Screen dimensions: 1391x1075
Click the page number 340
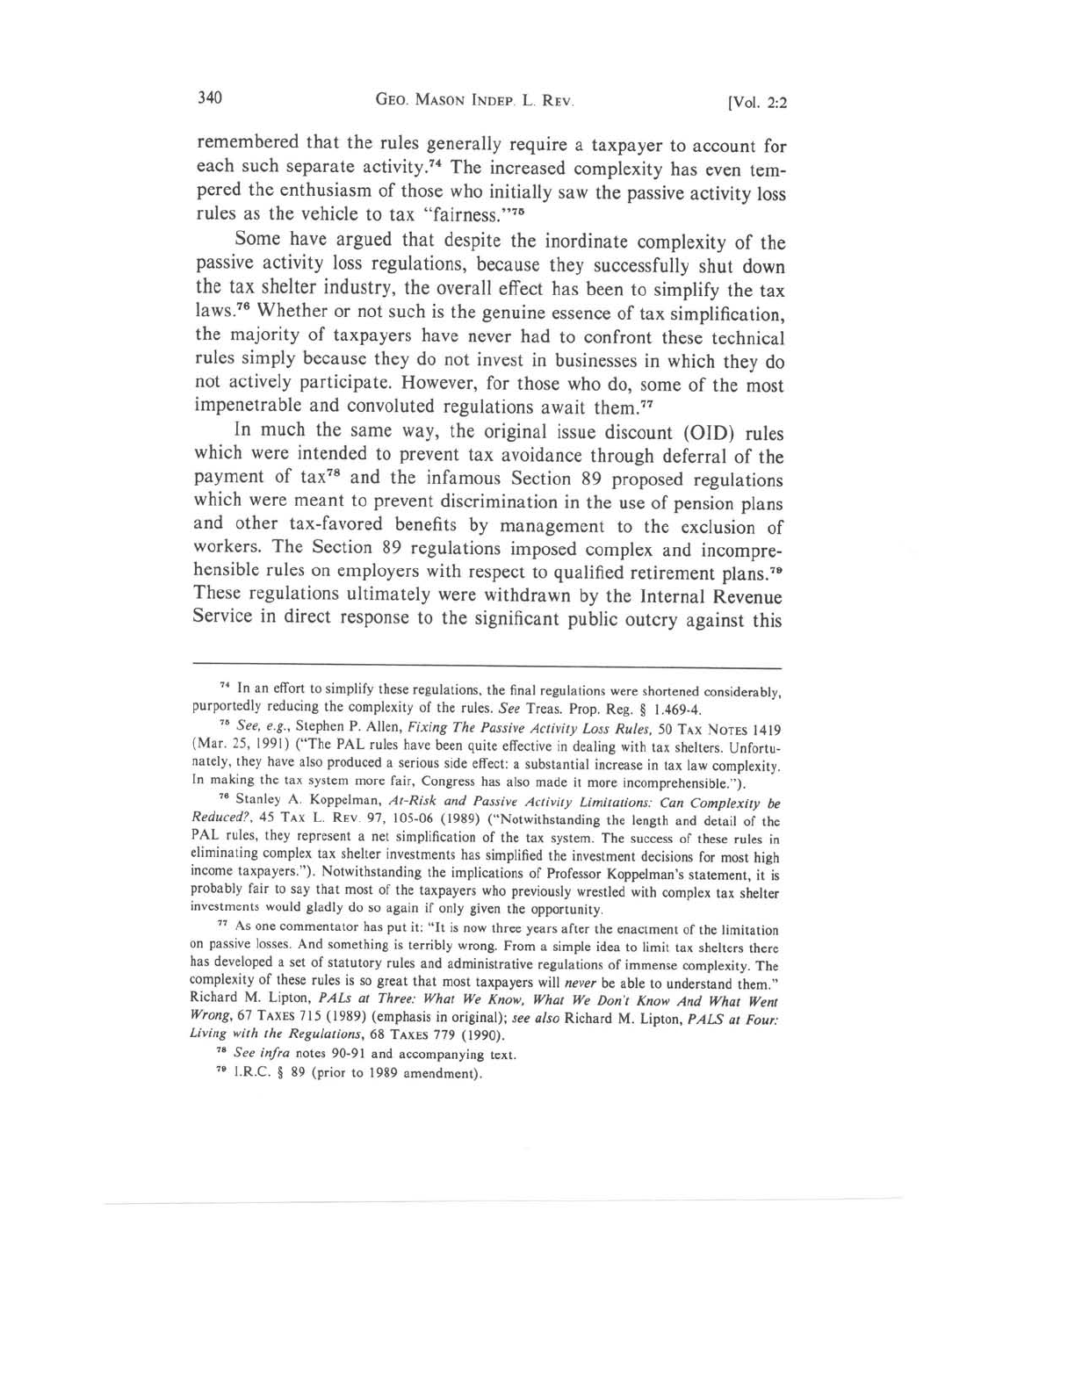click(211, 97)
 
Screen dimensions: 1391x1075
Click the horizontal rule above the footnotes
click(487, 668)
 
